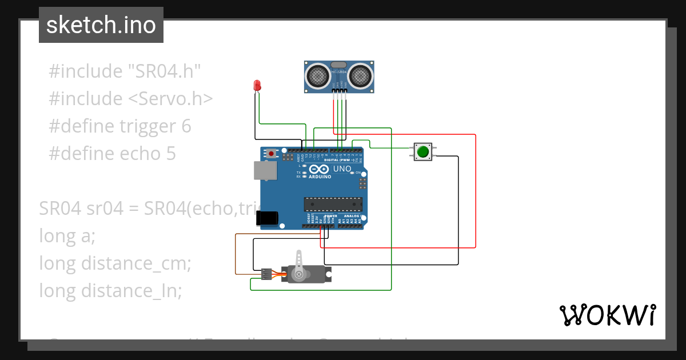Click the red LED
tap(257, 86)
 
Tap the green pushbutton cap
tap(423, 152)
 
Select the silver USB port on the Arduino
tap(265, 170)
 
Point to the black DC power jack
tap(267, 218)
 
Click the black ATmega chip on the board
tap(333, 204)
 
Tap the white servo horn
tap(300, 266)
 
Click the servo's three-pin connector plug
tap(266, 274)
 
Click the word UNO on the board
tap(342, 169)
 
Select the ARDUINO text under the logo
tap(320, 177)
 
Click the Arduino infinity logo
tap(320, 170)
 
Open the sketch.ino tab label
tap(101, 25)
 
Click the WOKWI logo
tap(607, 315)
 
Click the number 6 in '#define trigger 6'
tap(186, 126)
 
